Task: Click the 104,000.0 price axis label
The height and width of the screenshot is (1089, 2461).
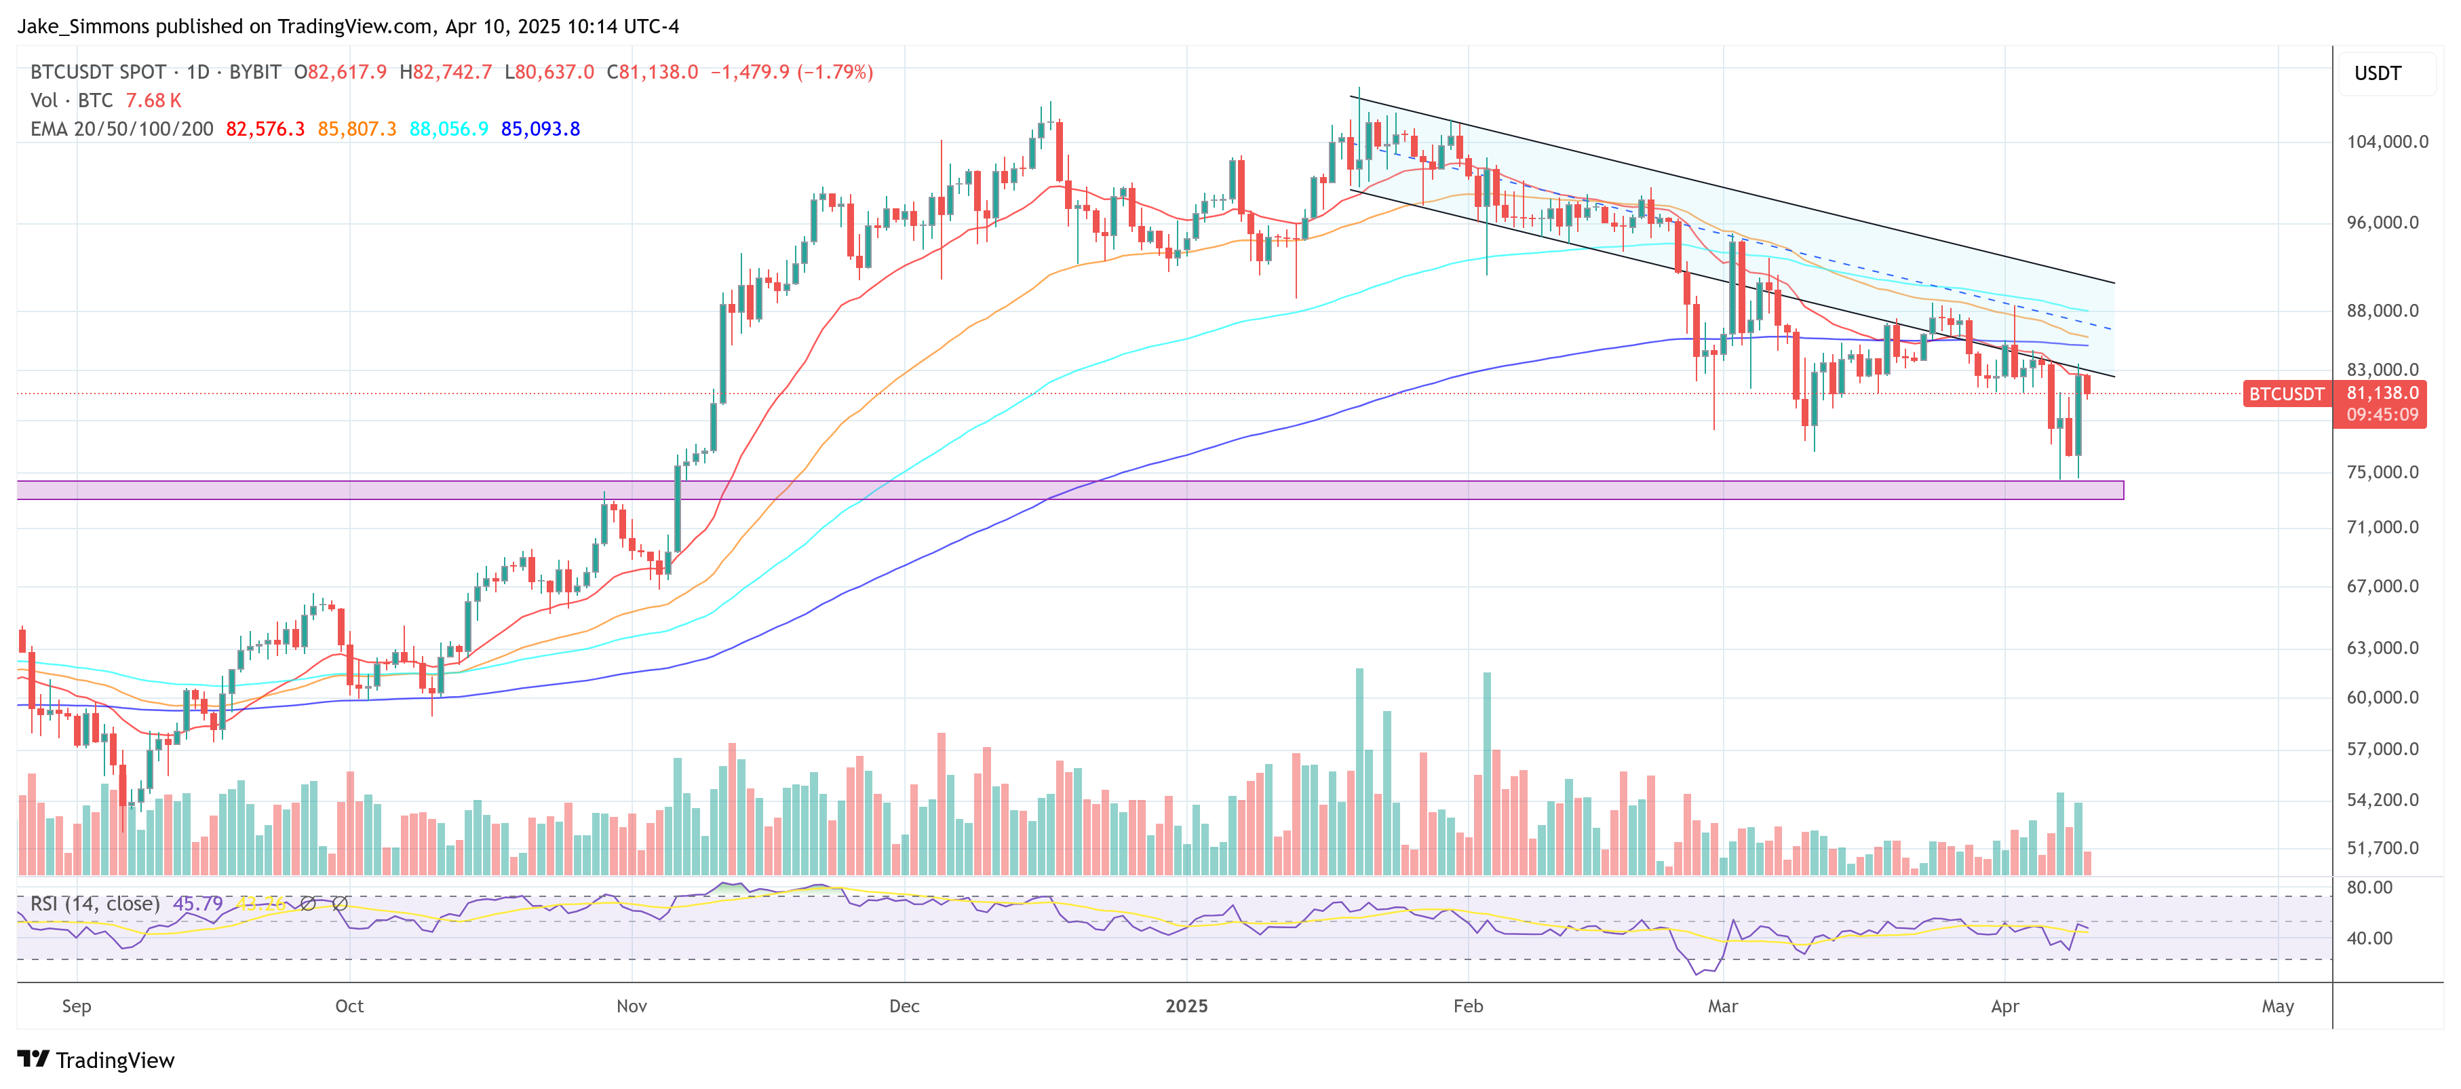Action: tap(2386, 141)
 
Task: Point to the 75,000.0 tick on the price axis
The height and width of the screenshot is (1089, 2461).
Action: tap(2383, 472)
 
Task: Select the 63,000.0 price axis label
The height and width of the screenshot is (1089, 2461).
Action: tap(2383, 648)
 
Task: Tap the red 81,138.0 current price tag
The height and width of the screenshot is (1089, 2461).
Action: tap(2382, 394)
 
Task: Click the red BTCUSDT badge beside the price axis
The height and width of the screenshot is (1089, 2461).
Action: tap(2285, 394)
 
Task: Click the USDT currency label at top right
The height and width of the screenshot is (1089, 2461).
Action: tap(2377, 73)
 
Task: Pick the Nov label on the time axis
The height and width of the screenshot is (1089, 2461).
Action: tap(632, 1006)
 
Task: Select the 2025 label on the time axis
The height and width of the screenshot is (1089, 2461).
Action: tap(1186, 1006)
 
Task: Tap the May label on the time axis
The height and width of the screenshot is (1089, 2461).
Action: tap(2278, 1006)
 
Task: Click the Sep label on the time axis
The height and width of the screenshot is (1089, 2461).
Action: tap(77, 1006)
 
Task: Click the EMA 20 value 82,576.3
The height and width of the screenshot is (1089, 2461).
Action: tap(265, 129)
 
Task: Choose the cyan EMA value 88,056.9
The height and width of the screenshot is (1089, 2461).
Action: tap(448, 129)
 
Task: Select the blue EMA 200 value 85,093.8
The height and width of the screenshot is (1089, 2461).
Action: tap(540, 129)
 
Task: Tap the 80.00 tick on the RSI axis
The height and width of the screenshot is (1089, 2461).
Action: tap(2369, 887)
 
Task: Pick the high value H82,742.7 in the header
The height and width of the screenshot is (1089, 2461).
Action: tap(446, 73)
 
